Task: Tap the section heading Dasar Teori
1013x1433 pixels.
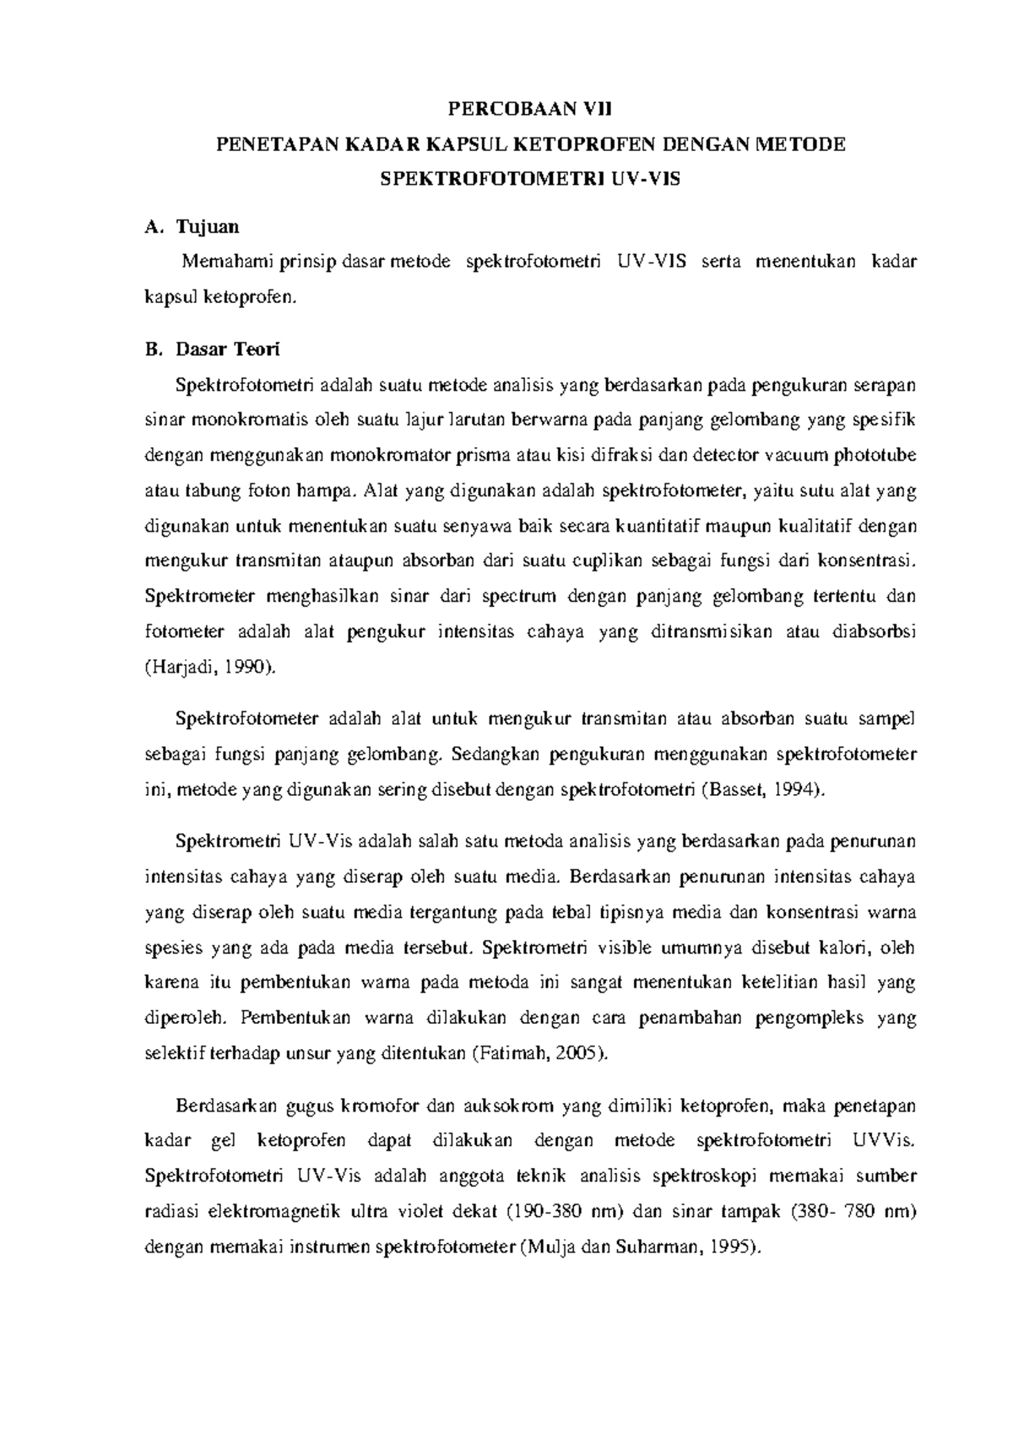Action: pos(227,349)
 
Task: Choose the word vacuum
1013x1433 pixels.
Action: pos(797,456)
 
